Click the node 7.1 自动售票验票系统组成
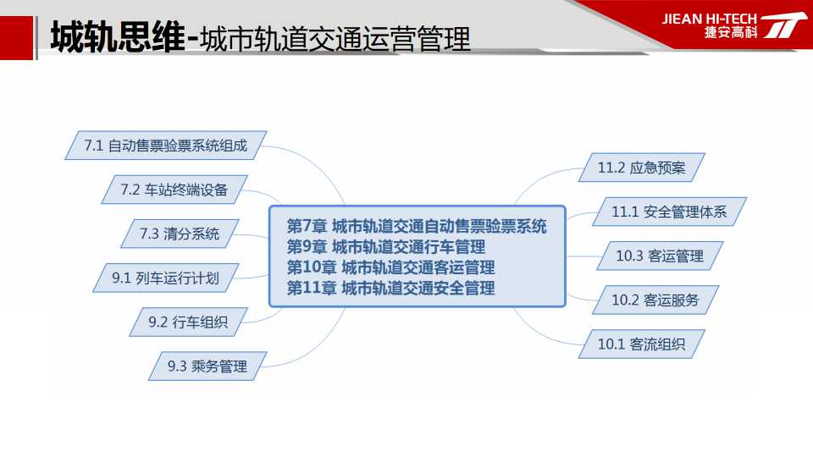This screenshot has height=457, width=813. click(x=166, y=146)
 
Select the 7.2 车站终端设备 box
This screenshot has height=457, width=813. click(x=174, y=190)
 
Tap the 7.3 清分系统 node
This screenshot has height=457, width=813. click(x=180, y=234)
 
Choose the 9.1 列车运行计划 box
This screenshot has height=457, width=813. click(x=166, y=278)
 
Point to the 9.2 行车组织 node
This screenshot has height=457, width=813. click(x=188, y=322)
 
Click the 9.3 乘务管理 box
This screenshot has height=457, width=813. click(x=207, y=366)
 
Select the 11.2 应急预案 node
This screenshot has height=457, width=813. click(x=642, y=168)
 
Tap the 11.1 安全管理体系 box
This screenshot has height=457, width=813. click(x=669, y=212)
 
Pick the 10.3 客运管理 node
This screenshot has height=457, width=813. click(x=660, y=256)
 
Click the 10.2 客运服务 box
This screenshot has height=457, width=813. click(x=655, y=300)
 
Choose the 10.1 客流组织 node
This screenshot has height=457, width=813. click(x=642, y=344)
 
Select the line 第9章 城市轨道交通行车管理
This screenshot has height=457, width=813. click(x=386, y=246)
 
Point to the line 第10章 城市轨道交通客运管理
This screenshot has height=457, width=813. click(x=391, y=267)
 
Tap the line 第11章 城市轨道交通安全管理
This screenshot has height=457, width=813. click(x=391, y=288)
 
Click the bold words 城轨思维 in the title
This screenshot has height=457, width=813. click(x=118, y=37)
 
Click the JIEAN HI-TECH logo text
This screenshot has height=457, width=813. click(x=710, y=19)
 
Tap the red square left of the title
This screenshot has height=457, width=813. click(x=16, y=38)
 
